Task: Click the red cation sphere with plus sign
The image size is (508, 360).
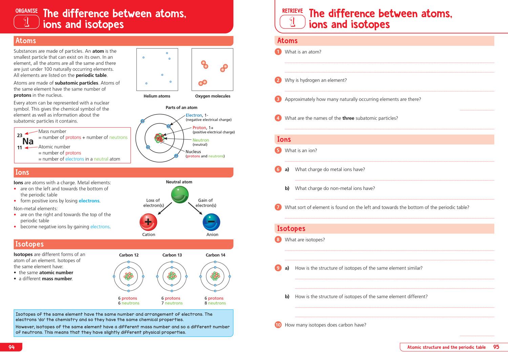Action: pyautogui.click(x=148, y=222)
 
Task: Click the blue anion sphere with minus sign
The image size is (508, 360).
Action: pyautogui.click(x=211, y=222)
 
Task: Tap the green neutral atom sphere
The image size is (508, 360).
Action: pyautogui.click(x=179, y=195)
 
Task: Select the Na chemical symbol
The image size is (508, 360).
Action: pyautogui.click(x=28, y=141)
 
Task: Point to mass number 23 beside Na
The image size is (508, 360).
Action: pyautogui.click(x=20, y=135)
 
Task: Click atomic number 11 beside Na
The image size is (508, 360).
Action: pyautogui.click(x=20, y=148)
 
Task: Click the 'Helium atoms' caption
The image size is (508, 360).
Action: pyautogui.click(x=157, y=96)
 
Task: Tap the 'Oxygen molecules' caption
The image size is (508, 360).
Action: pyautogui.click(x=213, y=96)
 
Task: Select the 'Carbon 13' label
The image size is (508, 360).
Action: pyautogui.click(x=172, y=255)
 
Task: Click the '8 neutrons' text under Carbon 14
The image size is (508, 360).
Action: pyautogui.click(x=215, y=303)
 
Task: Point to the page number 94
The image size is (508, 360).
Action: pyautogui.click(x=12, y=347)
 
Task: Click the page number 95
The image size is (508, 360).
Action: pyautogui.click(x=496, y=347)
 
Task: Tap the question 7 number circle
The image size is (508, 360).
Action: pyautogui.click(x=278, y=207)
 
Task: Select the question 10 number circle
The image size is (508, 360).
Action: pyautogui.click(x=278, y=325)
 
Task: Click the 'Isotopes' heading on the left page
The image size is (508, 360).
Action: pyautogui.click(x=29, y=244)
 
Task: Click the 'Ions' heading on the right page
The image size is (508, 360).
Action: pyautogui.click(x=284, y=139)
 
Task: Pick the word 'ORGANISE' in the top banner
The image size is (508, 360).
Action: pyautogui.click(x=26, y=11)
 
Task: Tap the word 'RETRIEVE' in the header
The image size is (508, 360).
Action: pyautogui.click(x=293, y=11)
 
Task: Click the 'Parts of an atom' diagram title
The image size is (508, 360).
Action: pyautogui.click(x=181, y=108)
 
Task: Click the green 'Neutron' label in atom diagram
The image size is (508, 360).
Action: pyautogui.click(x=201, y=140)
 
